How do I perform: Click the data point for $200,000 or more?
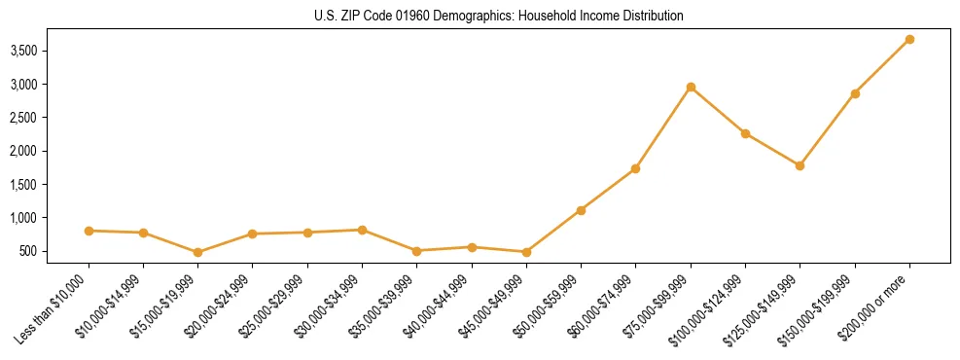point(909,39)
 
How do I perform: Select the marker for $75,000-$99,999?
point(691,87)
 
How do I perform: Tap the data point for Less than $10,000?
point(89,231)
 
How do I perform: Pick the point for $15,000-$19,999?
point(198,252)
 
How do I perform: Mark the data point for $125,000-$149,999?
point(800,165)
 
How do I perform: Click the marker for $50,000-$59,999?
point(581,210)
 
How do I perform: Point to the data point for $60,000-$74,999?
point(635,168)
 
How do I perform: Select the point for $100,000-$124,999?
point(745,133)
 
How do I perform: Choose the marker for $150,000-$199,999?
point(855,93)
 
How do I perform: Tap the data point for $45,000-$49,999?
point(526,252)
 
